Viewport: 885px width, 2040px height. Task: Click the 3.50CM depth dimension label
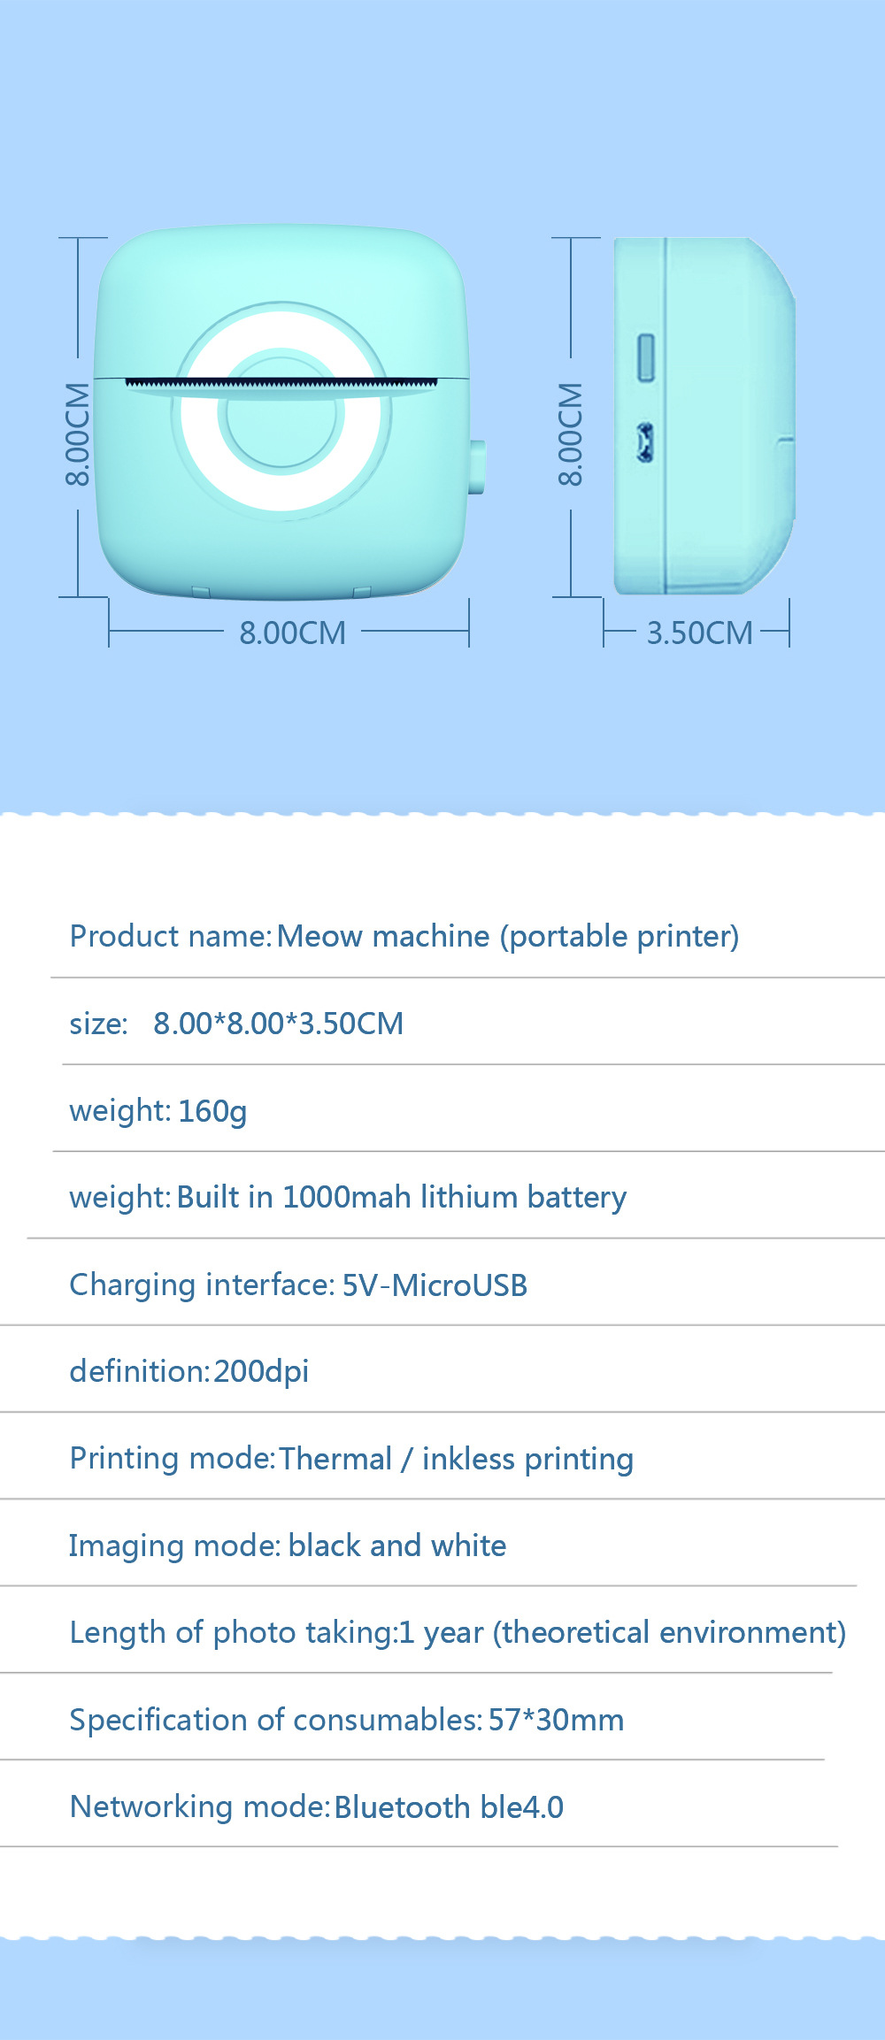[x=699, y=633]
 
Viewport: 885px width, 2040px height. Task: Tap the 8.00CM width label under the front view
[x=292, y=633]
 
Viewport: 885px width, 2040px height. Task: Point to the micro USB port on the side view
[x=645, y=442]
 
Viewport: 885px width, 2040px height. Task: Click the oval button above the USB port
[x=646, y=357]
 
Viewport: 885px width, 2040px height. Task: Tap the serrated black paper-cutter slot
[x=281, y=384]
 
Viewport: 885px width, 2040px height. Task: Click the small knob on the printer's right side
[x=477, y=466]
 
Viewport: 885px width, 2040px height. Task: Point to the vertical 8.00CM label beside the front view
[x=78, y=434]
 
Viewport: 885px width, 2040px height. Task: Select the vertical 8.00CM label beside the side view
[x=571, y=434]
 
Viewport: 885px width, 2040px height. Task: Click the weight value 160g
[x=212, y=1111]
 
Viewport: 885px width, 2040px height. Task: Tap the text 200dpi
[x=261, y=1371]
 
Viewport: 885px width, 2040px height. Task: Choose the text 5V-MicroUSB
[x=435, y=1285]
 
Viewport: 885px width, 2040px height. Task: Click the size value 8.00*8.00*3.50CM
[x=278, y=1024]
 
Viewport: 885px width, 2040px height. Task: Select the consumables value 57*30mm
[x=556, y=1720]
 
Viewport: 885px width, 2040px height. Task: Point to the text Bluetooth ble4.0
[x=449, y=1806]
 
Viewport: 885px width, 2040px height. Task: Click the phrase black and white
[x=397, y=1545]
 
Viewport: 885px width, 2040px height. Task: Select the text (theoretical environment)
[x=670, y=1632]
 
